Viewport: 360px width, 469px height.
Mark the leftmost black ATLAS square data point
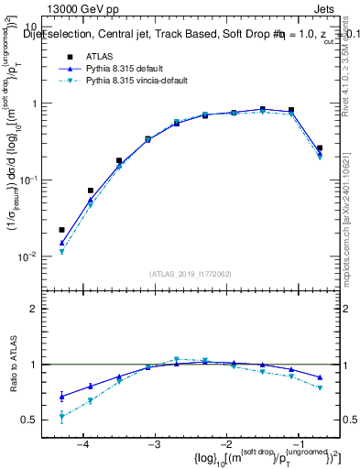coord(61,230)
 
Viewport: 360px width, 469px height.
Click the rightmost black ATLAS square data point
coord(320,147)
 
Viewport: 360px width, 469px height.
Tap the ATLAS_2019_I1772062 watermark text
coord(190,274)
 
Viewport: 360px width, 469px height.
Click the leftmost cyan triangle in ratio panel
coord(61,418)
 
